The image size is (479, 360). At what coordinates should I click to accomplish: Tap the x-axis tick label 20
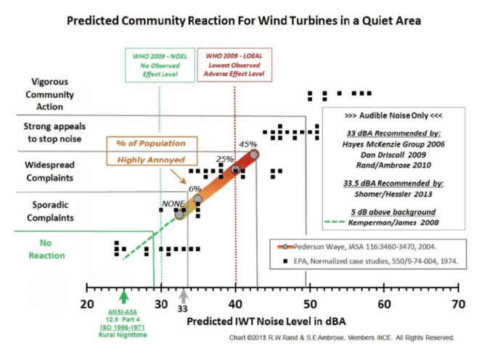88,303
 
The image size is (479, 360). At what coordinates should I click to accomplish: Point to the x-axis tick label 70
457,303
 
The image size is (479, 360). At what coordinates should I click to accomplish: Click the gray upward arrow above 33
184,295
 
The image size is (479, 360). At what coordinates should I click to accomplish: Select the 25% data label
225,158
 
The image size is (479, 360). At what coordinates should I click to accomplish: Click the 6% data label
195,189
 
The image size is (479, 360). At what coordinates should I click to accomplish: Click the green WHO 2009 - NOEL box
160,65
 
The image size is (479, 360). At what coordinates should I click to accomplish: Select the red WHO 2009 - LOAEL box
234,65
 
